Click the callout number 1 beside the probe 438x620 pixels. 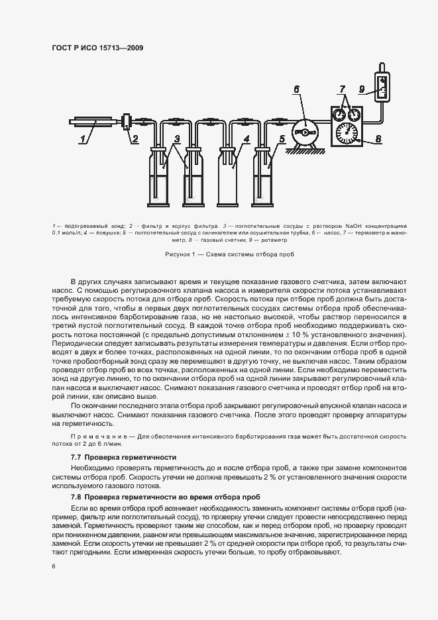[x=83, y=139]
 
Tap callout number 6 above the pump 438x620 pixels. [x=296, y=89]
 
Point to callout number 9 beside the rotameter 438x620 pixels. [x=362, y=89]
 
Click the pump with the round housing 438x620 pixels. [x=305, y=132]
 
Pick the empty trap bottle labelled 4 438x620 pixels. [x=231, y=179]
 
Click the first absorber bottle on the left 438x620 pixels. [x=159, y=179]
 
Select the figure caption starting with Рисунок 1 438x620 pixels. [x=219, y=254]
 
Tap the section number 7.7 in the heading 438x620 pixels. [x=76, y=458]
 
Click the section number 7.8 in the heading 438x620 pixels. [x=76, y=496]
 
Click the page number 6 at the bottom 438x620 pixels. [x=54, y=566]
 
